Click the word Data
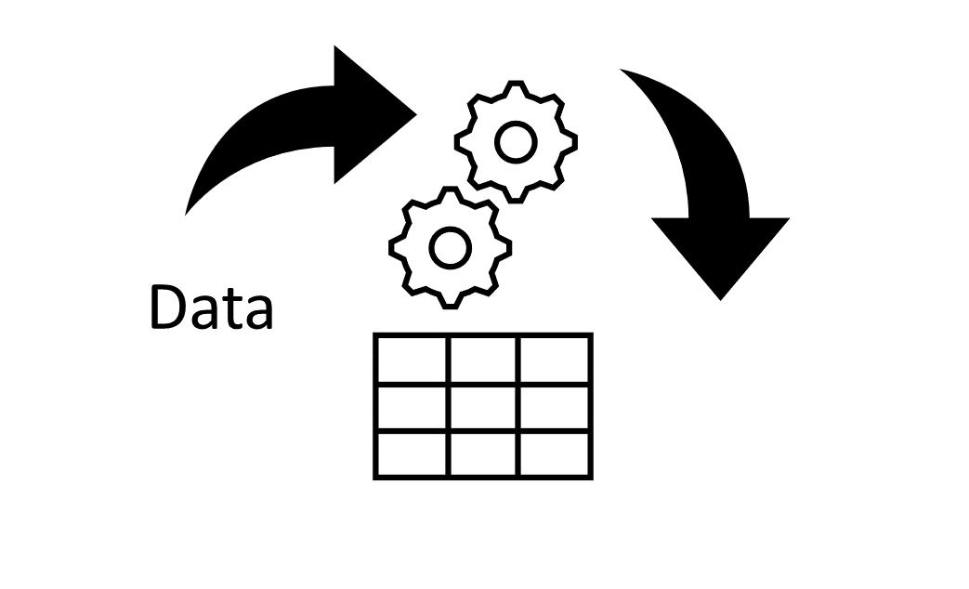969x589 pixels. (x=211, y=308)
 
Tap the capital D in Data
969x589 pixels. (x=169, y=308)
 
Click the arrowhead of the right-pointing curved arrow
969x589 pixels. (x=374, y=114)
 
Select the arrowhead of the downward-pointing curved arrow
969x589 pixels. (x=721, y=256)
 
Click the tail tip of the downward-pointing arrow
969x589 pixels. (x=621, y=70)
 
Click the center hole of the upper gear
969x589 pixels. (x=516, y=142)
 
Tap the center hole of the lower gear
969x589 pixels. (x=450, y=248)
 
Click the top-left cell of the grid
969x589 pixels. (x=412, y=360)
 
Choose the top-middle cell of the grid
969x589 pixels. (x=483, y=360)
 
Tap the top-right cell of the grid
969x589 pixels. (x=555, y=360)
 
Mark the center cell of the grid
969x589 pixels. (x=483, y=407)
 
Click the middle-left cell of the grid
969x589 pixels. (x=412, y=407)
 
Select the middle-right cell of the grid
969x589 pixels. (x=555, y=407)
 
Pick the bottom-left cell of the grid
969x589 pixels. (x=412, y=454)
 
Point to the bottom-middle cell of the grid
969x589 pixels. (x=483, y=454)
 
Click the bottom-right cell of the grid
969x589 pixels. (x=555, y=454)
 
